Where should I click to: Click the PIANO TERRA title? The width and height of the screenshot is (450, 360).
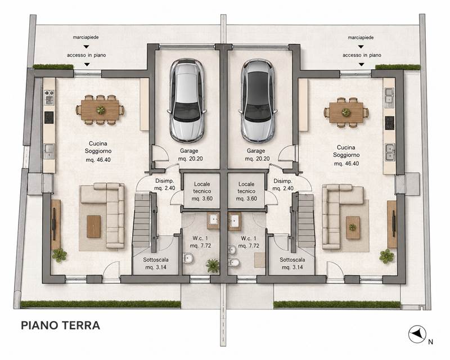61,325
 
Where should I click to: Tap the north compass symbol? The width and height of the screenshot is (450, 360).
417,334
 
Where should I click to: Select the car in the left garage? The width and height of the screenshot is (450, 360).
187,101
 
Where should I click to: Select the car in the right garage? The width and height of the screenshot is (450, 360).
258,101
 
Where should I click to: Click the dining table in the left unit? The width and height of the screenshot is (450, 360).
100,110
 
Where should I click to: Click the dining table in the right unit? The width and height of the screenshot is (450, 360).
346,112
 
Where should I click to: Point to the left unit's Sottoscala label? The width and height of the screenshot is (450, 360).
156,259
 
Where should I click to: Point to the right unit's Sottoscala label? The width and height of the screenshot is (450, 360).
292,259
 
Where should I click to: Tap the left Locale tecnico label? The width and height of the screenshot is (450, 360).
202,187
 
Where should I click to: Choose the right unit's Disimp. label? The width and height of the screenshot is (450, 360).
283,181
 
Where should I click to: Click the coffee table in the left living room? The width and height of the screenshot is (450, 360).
94,227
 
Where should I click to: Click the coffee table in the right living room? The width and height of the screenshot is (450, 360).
353,228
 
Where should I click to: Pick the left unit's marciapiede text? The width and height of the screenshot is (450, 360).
86,37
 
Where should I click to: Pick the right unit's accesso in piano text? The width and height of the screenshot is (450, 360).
362,55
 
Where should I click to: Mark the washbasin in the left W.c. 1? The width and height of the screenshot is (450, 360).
213,220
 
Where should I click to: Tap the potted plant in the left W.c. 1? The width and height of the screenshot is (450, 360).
213,265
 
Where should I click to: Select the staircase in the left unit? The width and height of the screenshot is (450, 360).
143,221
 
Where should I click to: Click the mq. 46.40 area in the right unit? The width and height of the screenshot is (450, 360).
346,164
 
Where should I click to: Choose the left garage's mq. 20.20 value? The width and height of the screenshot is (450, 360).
190,159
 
